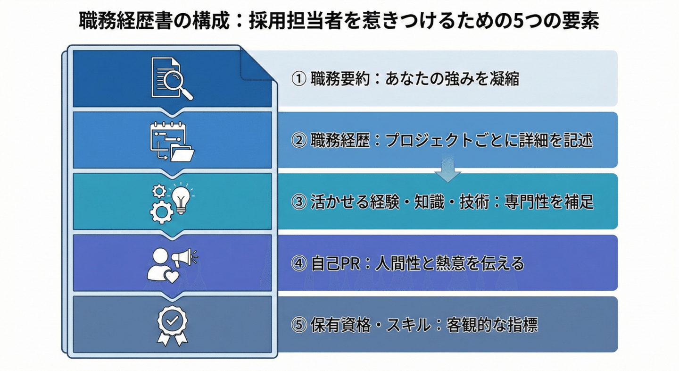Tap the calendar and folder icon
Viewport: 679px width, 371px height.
point(172,142)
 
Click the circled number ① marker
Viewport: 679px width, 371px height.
point(299,79)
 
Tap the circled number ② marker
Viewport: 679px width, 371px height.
point(299,141)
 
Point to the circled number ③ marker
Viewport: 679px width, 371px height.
point(299,202)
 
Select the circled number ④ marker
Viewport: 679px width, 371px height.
point(299,263)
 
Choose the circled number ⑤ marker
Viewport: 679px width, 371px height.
point(299,325)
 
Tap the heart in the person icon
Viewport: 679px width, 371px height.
point(171,276)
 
